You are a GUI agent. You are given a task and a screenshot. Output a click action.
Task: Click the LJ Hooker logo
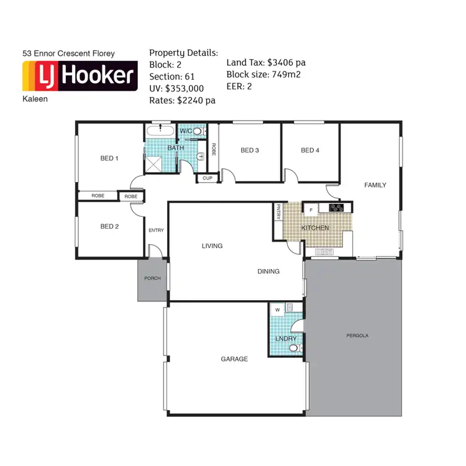(79, 76)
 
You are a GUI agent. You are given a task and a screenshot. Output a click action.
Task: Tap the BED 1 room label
(109, 158)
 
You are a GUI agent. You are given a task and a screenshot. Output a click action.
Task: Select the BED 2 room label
(109, 226)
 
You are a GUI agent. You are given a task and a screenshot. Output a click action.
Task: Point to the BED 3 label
(249, 150)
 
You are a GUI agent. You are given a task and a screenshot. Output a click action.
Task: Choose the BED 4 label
(309, 150)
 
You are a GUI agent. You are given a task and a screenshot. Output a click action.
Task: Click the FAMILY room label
(375, 185)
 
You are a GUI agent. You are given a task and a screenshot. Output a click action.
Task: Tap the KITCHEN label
(315, 228)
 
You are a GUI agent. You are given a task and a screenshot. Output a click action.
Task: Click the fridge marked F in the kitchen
(310, 209)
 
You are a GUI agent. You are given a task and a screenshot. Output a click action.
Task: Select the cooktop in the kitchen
(337, 208)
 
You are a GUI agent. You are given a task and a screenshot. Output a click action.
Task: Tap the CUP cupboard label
(206, 178)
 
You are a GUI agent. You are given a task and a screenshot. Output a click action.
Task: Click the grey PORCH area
(152, 279)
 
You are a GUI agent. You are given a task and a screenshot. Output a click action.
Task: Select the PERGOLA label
(357, 336)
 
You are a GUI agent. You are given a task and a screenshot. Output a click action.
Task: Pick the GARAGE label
(234, 359)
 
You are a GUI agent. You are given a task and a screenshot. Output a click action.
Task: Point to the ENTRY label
(156, 231)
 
